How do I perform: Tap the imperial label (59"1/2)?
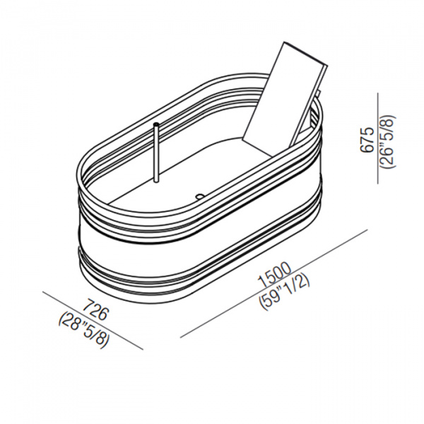coord(284,293)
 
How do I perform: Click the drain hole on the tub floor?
coord(199,196)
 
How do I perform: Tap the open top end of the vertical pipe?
coord(157,125)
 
